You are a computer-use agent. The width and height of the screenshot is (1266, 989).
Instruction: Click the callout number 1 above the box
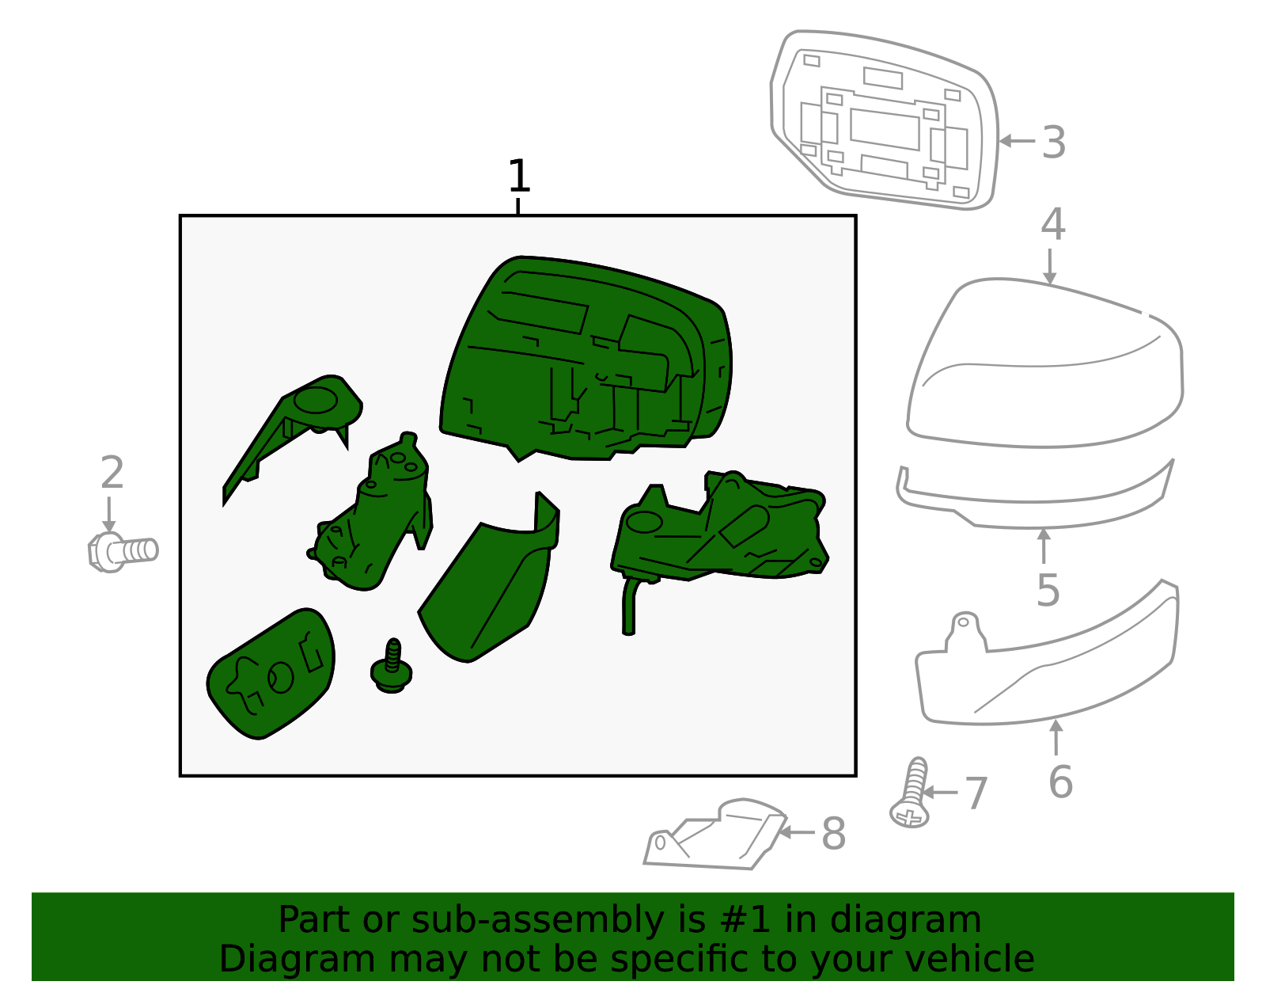coord(518,177)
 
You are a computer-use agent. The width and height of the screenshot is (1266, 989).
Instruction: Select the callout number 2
coord(112,473)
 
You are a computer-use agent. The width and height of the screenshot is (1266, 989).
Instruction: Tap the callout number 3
coord(1053,143)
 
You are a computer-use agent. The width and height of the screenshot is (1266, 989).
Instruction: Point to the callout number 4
coord(1052,225)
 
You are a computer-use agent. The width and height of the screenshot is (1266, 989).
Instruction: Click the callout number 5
coord(1048,591)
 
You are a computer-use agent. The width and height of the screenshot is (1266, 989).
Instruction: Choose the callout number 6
coord(1060,782)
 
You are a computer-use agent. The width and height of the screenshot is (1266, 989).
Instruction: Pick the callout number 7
coord(976,793)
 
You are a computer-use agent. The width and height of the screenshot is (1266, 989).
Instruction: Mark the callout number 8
coord(833,834)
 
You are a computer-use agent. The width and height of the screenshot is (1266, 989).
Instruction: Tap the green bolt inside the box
coord(392,667)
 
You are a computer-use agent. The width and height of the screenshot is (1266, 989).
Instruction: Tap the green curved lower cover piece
coord(491,586)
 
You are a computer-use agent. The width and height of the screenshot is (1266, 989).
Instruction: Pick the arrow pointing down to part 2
coord(108,515)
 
